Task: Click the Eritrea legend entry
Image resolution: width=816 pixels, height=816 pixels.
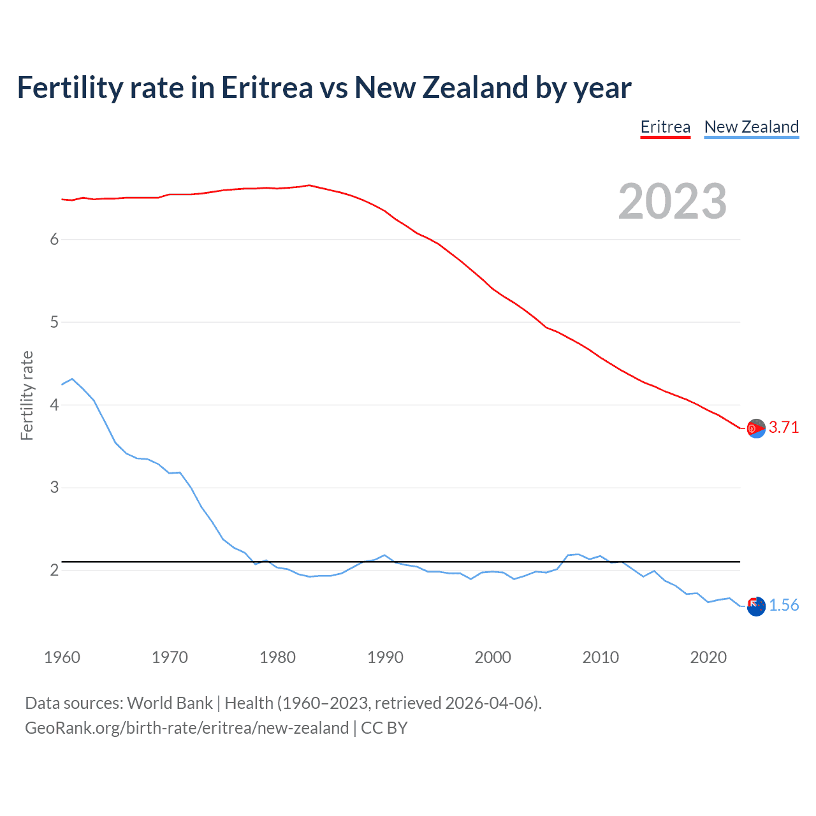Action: (x=665, y=127)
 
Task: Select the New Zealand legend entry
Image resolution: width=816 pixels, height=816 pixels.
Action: (x=751, y=127)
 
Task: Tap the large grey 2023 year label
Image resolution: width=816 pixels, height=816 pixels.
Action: (x=672, y=201)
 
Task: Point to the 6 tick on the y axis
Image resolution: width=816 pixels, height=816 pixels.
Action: (x=54, y=239)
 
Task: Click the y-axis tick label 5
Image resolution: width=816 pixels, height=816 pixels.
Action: (x=54, y=322)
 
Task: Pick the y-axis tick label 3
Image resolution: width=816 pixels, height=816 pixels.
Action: (x=54, y=488)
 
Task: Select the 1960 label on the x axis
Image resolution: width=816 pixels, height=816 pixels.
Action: (x=62, y=657)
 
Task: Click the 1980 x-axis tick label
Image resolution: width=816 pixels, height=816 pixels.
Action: (x=277, y=657)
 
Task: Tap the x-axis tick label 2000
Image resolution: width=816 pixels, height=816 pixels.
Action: (x=493, y=657)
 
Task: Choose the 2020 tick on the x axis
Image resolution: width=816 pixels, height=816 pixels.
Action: (x=708, y=657)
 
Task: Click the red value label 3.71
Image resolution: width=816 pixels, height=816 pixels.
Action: (x=783, y=428)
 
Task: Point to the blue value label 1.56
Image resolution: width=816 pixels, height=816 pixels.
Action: (x=783, y=606)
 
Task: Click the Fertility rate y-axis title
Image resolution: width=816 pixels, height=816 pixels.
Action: (x=27, y=395)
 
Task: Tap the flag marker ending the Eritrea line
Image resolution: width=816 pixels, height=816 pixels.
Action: (x=756, y=429)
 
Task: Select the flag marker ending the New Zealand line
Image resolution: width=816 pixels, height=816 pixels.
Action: (x=756, y=607)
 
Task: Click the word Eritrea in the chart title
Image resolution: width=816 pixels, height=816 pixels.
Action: (x=266, y=88)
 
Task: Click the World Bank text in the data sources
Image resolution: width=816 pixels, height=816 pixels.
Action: (x=170, y=703)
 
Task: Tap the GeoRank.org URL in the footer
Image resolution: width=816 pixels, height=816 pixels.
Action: (x=187, y=728)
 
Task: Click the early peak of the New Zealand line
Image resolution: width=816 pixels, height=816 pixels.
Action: (x=72, y=379)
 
